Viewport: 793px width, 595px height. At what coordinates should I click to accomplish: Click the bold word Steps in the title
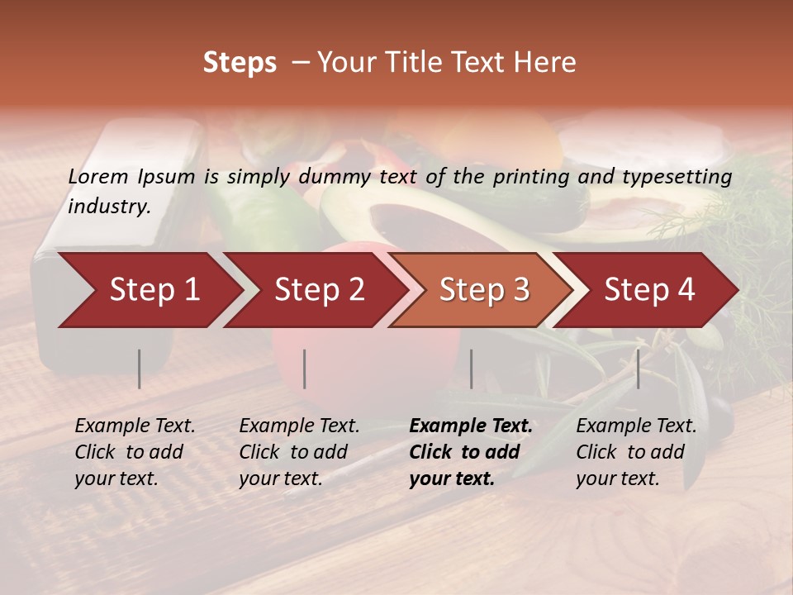coord(240,63)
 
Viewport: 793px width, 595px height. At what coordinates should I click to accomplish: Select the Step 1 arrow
coord(149,290)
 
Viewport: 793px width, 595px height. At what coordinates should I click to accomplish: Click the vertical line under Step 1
coord(140,369)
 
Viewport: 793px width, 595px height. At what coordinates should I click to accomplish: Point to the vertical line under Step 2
coord(305,369)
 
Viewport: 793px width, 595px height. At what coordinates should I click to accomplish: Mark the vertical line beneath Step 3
coord(471,369)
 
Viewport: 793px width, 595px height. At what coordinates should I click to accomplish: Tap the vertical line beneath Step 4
coord(638,369)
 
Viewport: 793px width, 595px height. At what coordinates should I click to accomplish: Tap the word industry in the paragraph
coord(109,207)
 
